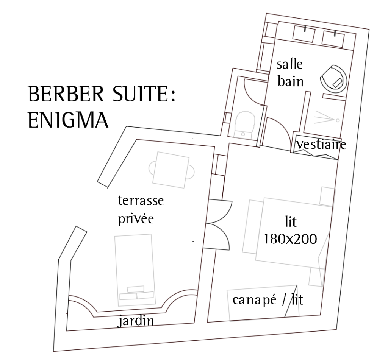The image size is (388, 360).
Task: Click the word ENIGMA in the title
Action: [x=68, y=120]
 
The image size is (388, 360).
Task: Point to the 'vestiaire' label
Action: [x=321, y=145]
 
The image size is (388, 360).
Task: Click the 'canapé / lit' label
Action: [x=268, y=301]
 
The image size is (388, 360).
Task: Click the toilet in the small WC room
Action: [x=245, y=123]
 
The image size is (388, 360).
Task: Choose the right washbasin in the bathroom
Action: [x=333, y=38]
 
